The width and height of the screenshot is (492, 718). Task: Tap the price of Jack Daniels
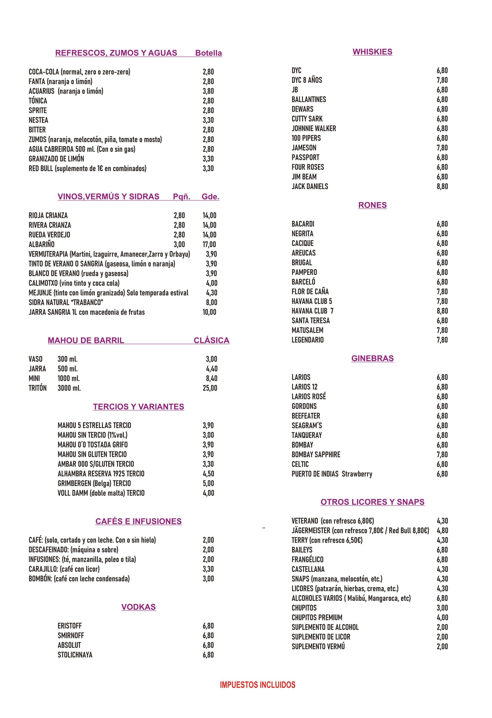(x=442, y=186)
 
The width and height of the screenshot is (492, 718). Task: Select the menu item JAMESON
(x=304, y=148)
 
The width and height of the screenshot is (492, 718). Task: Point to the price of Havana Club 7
(x=442, y=311)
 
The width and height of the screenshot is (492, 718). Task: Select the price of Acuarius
(x=208, y=91)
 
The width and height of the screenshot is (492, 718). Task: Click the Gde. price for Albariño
(x=209, y=244)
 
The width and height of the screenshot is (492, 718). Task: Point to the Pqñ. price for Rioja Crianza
(x=179, y=215)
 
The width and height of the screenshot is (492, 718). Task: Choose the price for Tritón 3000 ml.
(x=210, y=388)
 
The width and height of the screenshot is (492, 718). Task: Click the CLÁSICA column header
(x=211, y=340)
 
